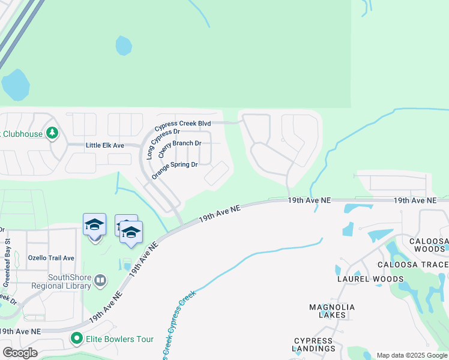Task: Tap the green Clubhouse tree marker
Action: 52,133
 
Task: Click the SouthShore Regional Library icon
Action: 100,279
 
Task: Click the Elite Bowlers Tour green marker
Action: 76,339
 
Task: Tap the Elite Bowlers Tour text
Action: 119,339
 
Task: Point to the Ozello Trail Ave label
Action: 51,258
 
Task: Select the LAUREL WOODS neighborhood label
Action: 370,279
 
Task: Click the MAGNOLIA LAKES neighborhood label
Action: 332,311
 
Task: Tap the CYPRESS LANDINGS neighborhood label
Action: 314,344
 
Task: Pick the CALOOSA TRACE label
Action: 413,265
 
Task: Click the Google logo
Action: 20,353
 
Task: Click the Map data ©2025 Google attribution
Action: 411,355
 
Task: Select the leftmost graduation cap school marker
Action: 95,225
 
